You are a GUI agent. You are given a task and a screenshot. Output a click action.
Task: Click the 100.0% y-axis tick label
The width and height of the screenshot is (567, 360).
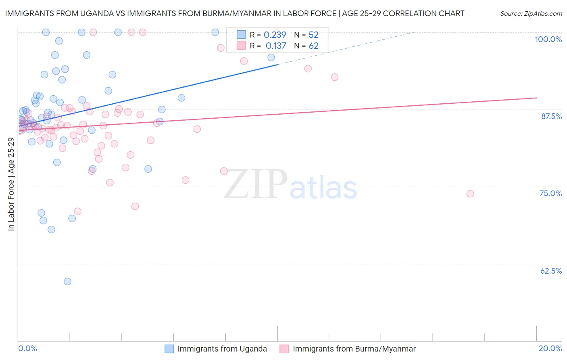pyautogui.click(x=548, y=39)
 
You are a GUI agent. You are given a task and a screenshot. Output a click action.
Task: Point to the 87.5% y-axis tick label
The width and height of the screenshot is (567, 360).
pyautogui.click(x=551, y=116)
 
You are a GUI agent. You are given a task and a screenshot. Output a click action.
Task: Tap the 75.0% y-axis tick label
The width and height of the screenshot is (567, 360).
pyautogui.click(x=550, y=193)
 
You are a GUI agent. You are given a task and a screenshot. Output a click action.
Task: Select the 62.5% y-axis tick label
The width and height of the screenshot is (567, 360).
pyautogui.click(x=551, y=271)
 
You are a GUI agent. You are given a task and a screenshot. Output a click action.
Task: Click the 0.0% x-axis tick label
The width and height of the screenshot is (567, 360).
pyautogui.click(x=27, y=348)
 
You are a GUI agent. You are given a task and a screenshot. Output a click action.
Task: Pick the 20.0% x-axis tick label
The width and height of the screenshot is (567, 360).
pyautogui.click(x=550, y=348)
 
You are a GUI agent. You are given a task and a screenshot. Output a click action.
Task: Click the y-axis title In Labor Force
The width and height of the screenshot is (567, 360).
pyautogui.click(x=11, y=184)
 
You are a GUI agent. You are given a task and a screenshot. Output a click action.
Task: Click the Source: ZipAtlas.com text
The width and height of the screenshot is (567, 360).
pyautogui.click(x=531, y=13)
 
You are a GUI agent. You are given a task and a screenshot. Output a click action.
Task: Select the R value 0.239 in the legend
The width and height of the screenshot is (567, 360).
pyautogui.click(x=275, y=35)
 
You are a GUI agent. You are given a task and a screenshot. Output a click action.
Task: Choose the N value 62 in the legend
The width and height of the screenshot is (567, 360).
pyautogui.click(x=313, y=46)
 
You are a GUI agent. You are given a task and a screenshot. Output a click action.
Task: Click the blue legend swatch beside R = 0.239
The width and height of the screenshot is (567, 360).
pyautogui.click(x=241, y=35)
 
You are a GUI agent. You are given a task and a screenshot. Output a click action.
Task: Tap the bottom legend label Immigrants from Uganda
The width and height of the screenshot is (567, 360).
pyautogui.click(x=222, y=349)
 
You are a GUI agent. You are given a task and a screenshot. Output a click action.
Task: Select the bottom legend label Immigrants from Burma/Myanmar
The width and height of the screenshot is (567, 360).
pyautogui.click(x=354, y=349)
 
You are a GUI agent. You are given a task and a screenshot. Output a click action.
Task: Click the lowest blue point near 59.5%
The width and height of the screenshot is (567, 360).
pyautogui.click(x=67, y=281)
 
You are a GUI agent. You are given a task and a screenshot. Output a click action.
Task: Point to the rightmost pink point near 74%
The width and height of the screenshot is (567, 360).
pyautogui.click(x=470, y=194)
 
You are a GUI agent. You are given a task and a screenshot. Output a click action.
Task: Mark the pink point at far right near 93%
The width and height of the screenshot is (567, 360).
pyautogui.click(x=334, y=77)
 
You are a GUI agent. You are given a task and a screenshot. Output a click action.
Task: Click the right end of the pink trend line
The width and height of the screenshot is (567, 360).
pyautogui.click(x=536, y=98)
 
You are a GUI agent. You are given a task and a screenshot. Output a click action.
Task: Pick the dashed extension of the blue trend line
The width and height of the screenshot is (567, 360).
pyautogui.click(x=347, y=48)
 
